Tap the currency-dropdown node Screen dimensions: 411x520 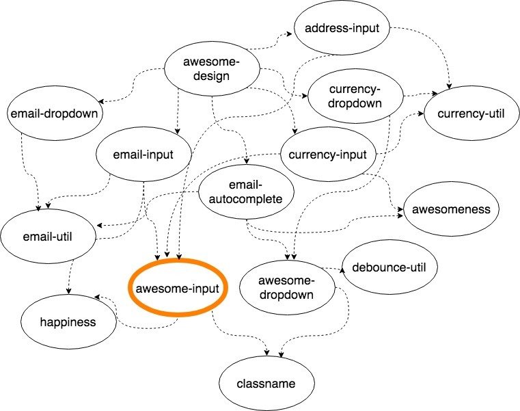[x=354, y=97]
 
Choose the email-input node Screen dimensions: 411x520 [x=143, y=155]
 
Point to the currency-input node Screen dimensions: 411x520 [x=328, y=154]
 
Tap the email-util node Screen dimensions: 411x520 [x=48, y=237]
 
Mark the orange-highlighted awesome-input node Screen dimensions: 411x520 [x=178, y=288]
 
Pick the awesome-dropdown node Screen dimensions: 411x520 [x=287, y=288]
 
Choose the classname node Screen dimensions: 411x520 [x=267, y=383]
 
